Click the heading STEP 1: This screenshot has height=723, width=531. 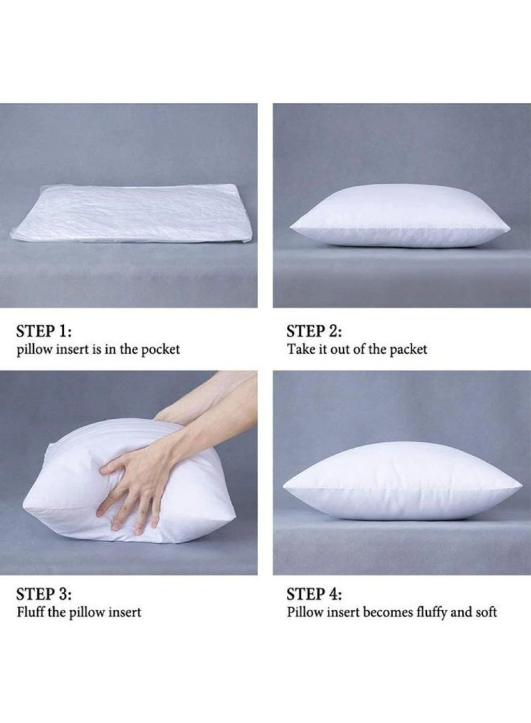click(x=44, y=332)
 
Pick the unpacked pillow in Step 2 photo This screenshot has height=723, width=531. click(x=400, y=216)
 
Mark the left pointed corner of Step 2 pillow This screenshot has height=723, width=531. click(x=291, y=228)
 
